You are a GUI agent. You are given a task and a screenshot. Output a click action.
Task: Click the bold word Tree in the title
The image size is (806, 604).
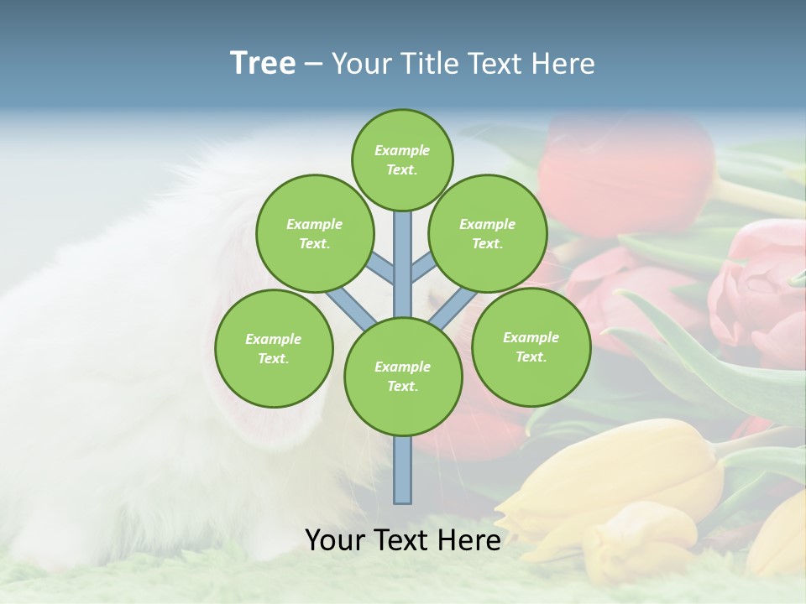[x=263, y=63]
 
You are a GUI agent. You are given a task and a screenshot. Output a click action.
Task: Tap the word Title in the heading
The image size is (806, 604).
[x=429, y=64]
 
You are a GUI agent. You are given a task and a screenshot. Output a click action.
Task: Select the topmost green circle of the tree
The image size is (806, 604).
[x=402, y=159]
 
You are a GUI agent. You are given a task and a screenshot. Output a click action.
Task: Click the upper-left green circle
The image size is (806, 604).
[x=314, y=233]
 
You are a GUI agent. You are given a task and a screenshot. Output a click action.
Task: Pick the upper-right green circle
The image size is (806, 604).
[x=488, y=233]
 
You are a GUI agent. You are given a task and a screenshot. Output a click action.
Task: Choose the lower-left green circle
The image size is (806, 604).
[x=274, y=348]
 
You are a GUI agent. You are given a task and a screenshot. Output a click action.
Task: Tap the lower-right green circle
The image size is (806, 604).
[x=531, y=346]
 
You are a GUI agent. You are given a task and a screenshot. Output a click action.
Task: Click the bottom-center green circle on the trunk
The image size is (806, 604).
[x=403, y=376]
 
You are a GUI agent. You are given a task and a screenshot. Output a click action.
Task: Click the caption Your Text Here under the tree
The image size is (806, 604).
[x=403, y=540]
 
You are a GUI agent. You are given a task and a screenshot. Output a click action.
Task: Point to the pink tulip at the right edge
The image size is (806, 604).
[x=760, y=289]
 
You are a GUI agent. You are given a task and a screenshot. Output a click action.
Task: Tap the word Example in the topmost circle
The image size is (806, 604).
[x=402, y=150]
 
